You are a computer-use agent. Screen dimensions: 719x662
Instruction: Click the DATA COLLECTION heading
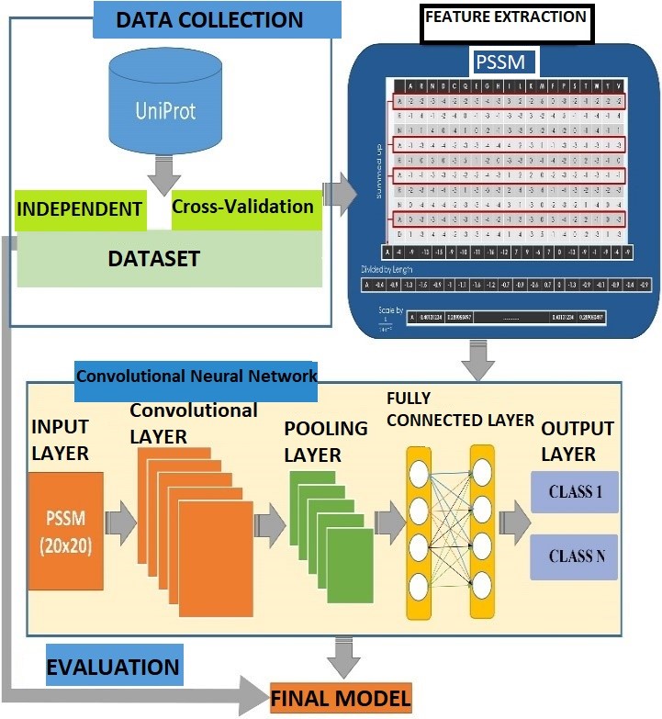click(x=217, y=18)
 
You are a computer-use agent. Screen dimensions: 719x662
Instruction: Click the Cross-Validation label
click(x=243, y=206)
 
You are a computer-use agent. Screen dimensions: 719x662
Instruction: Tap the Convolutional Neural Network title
click(x=196, y=375)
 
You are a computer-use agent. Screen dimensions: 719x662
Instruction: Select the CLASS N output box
click(x=575, y=556)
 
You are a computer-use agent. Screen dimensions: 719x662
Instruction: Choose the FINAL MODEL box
click(x=341, y=700)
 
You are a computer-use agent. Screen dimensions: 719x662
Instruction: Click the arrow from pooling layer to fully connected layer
click(x=389, y=523)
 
